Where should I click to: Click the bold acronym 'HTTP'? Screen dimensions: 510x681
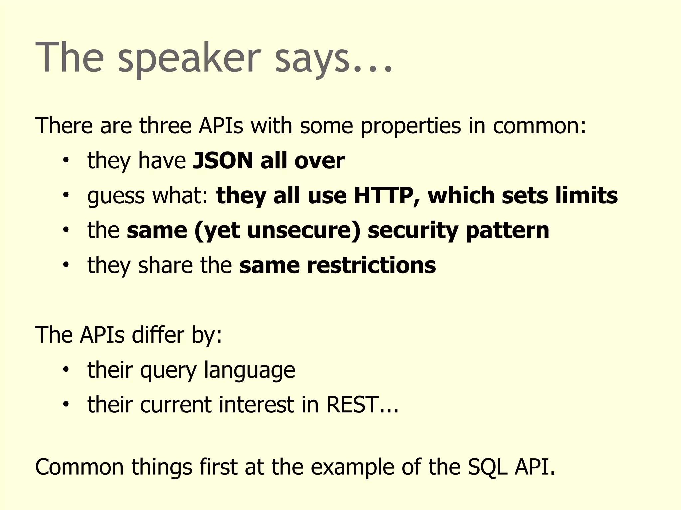[383, 196]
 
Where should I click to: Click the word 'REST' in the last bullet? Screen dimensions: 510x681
[352, 405]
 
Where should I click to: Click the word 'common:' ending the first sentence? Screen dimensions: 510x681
[539, 126]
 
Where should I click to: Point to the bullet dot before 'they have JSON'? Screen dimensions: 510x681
[66, 160]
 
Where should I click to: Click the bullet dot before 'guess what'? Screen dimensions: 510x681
[66, 195]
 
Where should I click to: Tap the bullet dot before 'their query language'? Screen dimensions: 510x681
[66, 369]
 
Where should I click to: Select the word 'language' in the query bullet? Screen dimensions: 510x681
[249, 371]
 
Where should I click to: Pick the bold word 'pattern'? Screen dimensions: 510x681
[507, 231]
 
